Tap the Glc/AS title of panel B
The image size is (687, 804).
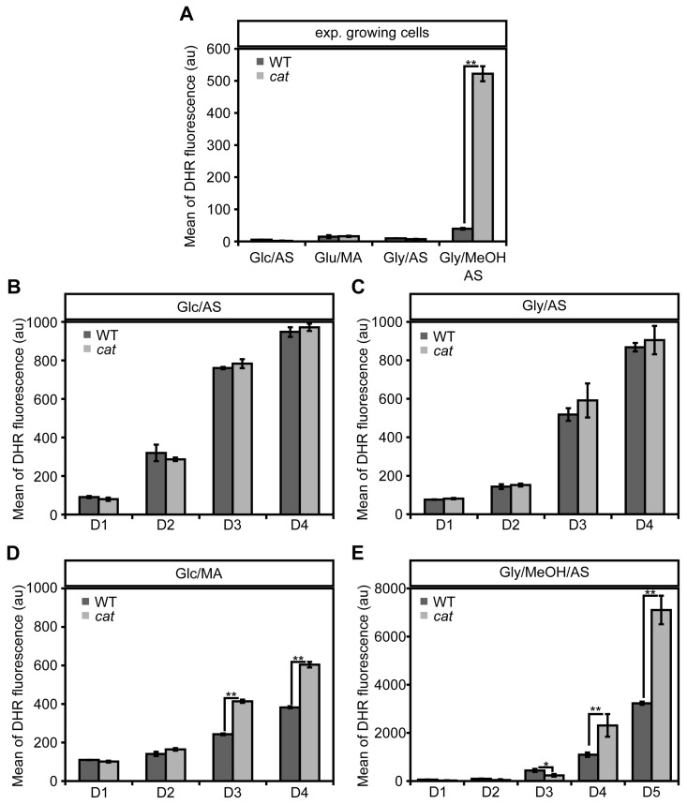click(199, 305)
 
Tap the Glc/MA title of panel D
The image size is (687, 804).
click(199, 572)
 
